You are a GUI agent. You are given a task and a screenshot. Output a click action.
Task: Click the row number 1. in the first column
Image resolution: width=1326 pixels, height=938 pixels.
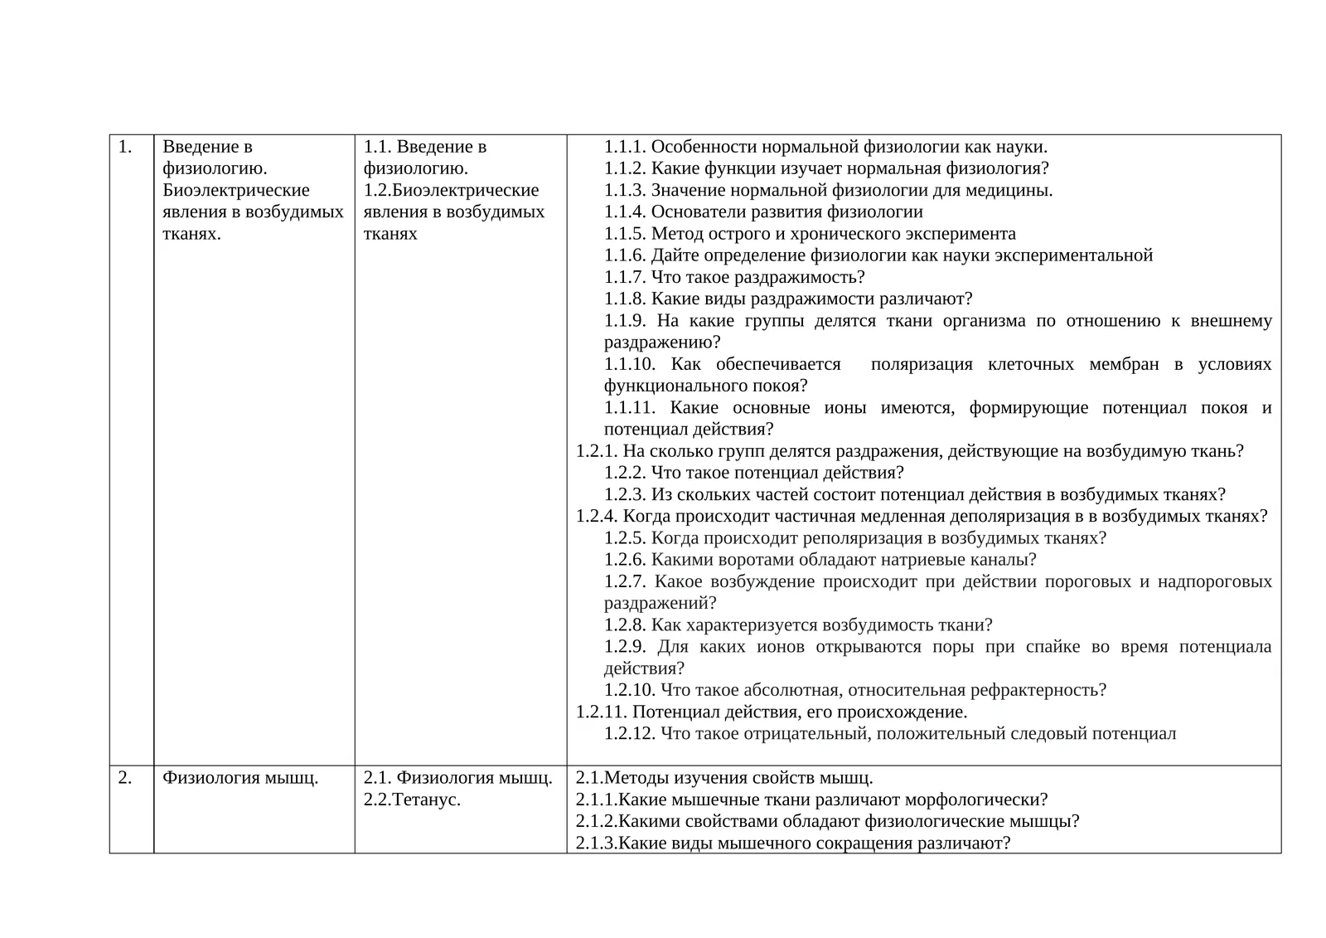point(125,147)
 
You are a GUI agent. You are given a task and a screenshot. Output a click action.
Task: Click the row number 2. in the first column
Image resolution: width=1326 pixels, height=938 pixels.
point(125,778)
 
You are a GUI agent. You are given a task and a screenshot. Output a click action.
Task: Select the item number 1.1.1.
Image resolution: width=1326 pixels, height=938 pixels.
point(625,147)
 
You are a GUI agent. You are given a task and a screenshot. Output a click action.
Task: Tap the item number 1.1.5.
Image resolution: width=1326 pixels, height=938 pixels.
point(625,234)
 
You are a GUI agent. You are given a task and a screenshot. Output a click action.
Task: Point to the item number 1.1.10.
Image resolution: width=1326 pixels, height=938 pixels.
point(630,364)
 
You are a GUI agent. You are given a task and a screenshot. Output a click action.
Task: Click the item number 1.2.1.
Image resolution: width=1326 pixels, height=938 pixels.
point(597,451)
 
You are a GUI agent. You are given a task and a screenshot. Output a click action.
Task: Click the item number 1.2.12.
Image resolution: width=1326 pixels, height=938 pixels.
point(630,733)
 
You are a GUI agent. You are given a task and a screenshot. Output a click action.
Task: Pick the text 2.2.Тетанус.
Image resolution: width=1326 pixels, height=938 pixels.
point(412,799)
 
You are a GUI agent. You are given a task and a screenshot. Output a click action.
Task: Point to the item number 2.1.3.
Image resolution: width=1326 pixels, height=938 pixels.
point(597,843)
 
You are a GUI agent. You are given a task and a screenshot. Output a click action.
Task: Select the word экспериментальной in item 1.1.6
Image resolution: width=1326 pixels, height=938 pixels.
point(1073,255)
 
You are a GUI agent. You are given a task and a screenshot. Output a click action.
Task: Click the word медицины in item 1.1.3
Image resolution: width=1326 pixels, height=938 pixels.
point(1016,190)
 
